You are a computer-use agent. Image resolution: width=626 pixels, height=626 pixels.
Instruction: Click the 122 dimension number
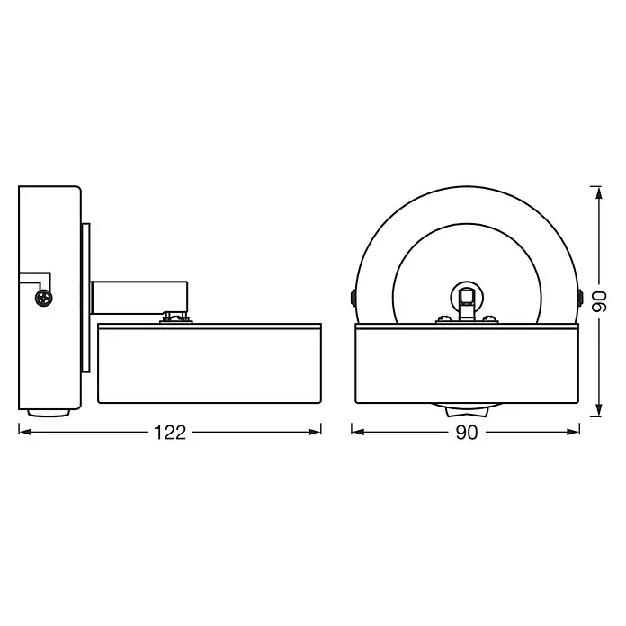pyautogui.click(x=170, y=433)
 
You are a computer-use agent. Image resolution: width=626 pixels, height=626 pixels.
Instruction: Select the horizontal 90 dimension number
pyautogui.click(x=467, y=433)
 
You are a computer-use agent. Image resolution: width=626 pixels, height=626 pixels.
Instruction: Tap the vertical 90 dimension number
pyautogui.click(x=599, y=302)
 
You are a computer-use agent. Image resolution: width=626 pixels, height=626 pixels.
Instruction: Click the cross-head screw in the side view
pyautogui.click(x=44, y=298)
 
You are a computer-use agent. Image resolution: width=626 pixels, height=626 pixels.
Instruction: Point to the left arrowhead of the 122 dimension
pyautogui.click(x=25, y=432)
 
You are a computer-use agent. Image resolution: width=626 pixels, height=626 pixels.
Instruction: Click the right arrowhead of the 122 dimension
pyautogui.click(x=315, y=432)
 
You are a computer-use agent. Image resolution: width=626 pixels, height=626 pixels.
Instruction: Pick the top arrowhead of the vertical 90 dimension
pyautogui.click(x=598, y=192)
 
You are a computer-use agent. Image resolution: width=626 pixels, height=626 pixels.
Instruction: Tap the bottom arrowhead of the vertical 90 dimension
pyautogui.click(x=598, y=410)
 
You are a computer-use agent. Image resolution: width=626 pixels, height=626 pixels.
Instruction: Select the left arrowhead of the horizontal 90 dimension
pyautogui.click(x=358, y=432)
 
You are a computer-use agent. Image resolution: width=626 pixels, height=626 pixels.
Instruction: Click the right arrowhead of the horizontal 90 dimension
pyautogui.click(x=573, y=432)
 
